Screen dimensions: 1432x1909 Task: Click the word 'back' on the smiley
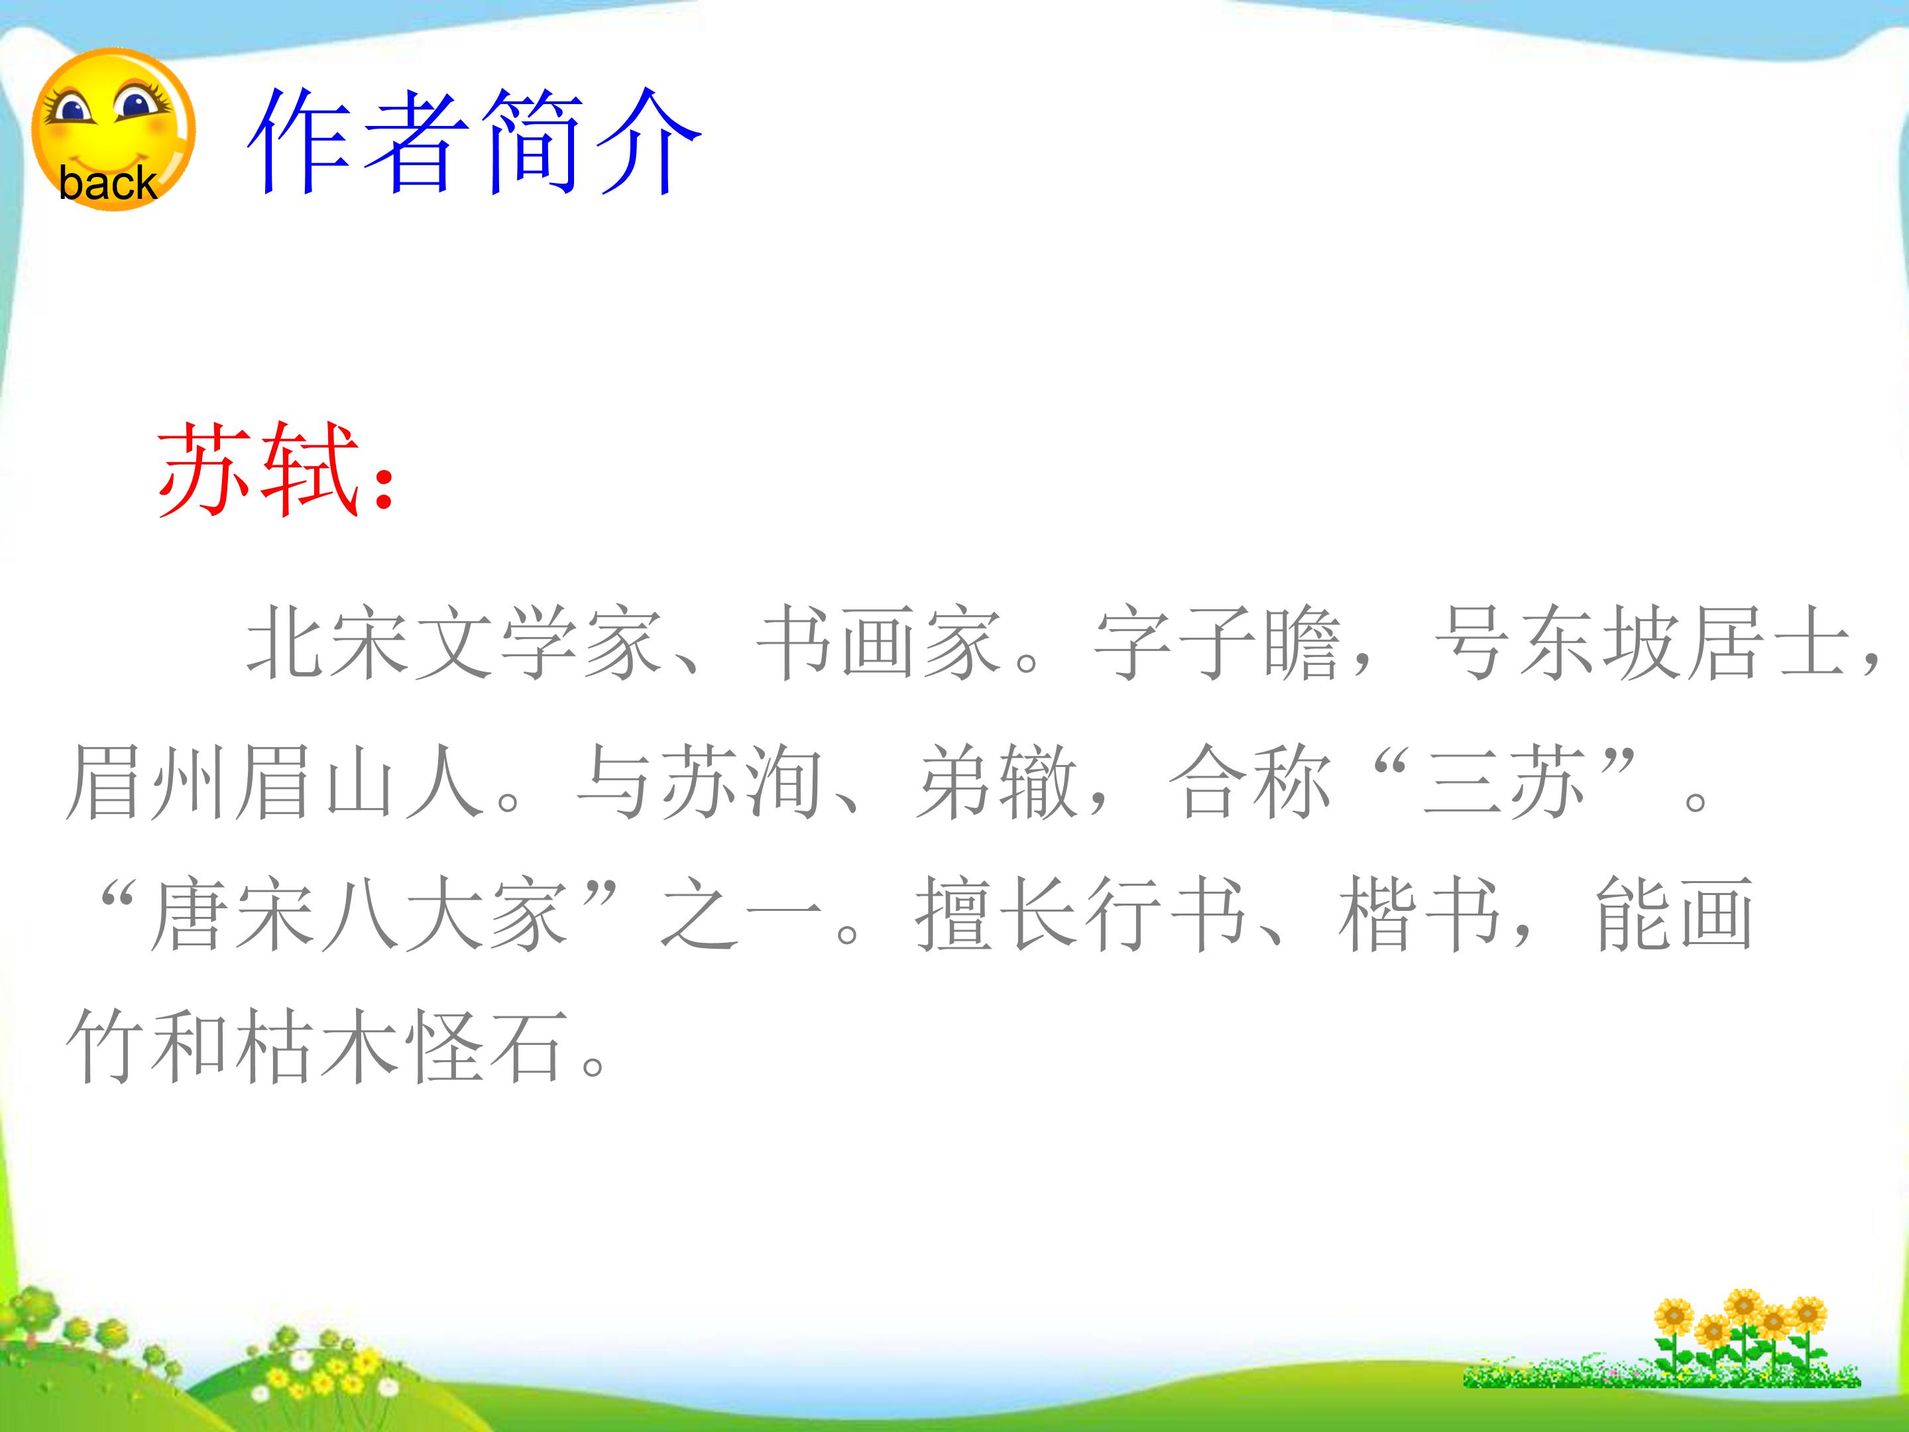[107, 183]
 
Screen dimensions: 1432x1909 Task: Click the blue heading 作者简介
[474, 142]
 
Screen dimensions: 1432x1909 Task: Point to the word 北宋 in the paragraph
[328, 643]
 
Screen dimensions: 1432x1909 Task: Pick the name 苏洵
[742, 780]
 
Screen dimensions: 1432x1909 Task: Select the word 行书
[1166, 915]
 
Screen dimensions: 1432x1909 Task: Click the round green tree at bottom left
[34, 1309]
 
